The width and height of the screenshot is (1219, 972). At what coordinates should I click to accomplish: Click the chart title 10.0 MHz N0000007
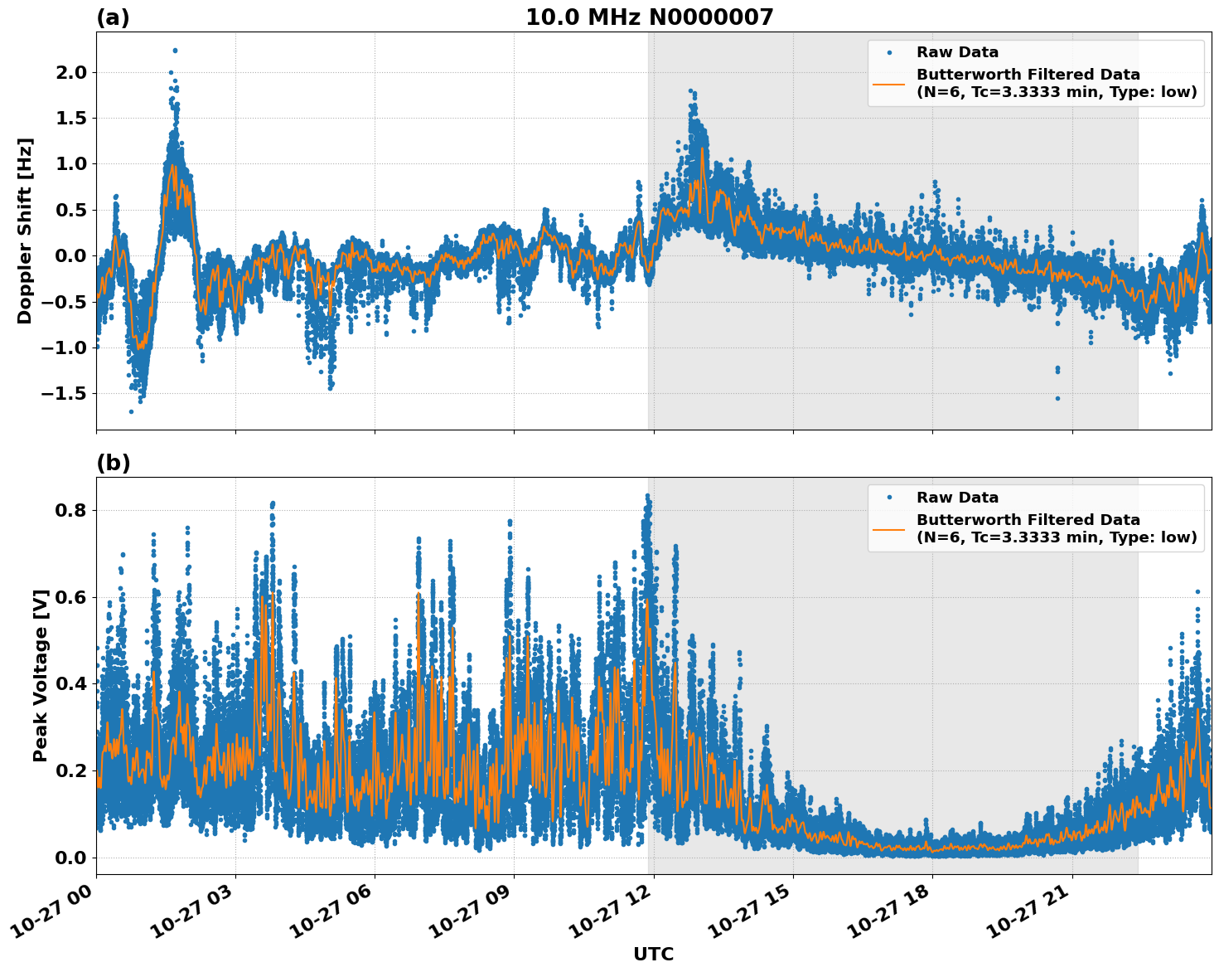[x=649, y=17]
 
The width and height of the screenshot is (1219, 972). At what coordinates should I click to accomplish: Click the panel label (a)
[x=113, y=17]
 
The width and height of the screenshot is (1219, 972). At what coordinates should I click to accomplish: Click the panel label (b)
[x=113, y=463]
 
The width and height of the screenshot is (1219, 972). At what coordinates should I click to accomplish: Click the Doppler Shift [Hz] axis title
[x=25, y=231]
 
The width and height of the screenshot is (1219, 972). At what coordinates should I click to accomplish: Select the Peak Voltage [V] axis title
[x=40, y=675]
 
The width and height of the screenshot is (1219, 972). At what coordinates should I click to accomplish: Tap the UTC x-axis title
[x=653, y=954]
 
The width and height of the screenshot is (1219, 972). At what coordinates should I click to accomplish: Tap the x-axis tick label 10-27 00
[x=56, y=912]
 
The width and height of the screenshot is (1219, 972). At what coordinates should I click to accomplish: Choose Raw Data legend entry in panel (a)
[x=957, y=52]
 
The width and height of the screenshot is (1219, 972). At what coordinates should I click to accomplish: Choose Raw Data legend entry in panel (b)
[x=957, y=498]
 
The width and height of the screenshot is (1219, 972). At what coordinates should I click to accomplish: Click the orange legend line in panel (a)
[x=888, y=84]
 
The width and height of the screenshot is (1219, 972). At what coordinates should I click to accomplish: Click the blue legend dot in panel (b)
[x=888, y=498]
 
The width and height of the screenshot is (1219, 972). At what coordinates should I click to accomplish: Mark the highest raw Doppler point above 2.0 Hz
[x=175, y=50]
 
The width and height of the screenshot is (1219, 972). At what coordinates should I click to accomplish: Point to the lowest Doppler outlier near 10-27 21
[x=1057, y=398]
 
